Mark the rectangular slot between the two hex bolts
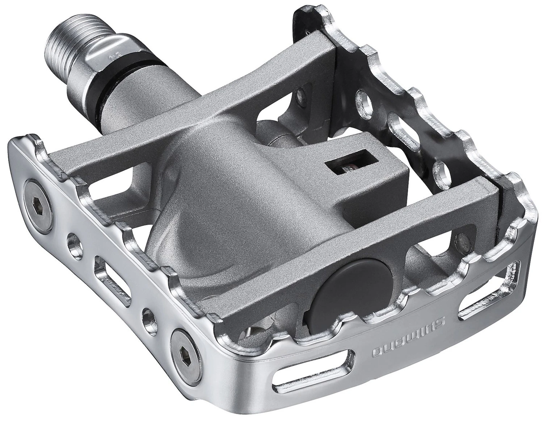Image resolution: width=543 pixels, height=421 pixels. [x=110, y=270]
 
